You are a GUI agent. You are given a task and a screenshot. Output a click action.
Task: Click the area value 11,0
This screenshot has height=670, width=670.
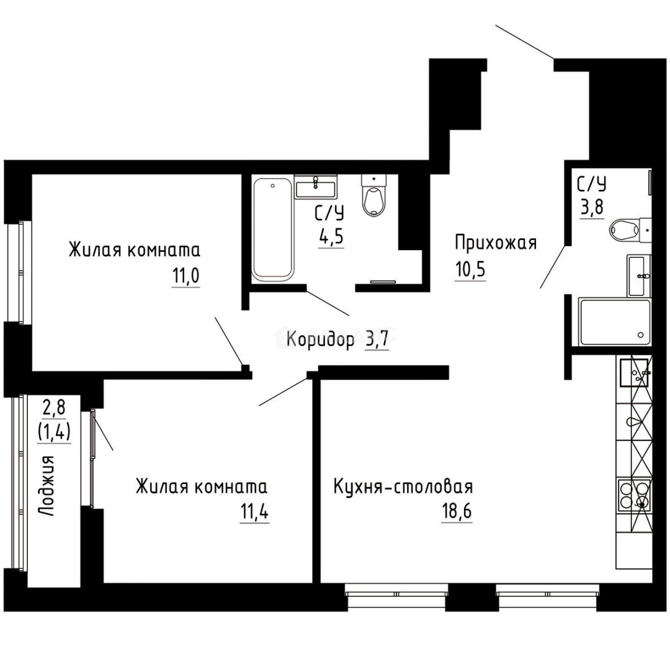pos(185,275)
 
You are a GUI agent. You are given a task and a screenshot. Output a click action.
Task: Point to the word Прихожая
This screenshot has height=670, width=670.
pos(495,243)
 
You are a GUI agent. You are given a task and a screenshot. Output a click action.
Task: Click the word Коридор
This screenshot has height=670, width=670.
pos(321,340)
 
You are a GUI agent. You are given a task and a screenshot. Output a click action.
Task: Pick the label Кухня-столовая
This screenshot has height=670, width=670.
pos(403,486)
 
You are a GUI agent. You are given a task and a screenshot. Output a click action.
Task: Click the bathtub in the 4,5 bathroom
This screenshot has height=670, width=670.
pos(272,229)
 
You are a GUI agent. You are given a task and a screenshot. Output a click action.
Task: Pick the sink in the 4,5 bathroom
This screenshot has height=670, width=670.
pos(315,186)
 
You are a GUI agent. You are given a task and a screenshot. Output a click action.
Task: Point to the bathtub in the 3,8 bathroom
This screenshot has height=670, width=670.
pos(614,322)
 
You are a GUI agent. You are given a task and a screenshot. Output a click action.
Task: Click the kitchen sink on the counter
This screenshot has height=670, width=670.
pos(633,373)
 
